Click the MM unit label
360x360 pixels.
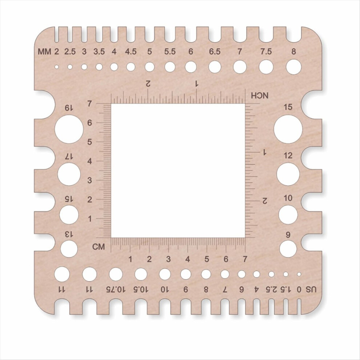point(44,52)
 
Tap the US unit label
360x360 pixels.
point(311,290)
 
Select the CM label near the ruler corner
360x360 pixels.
point(99,247)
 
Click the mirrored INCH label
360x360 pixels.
point(260,96)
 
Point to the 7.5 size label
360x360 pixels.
point(266,52)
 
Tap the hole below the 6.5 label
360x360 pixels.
point(215,67)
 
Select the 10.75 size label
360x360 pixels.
point(116,290)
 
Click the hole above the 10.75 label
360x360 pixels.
point(116,274)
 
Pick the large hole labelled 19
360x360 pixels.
point(69,129)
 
